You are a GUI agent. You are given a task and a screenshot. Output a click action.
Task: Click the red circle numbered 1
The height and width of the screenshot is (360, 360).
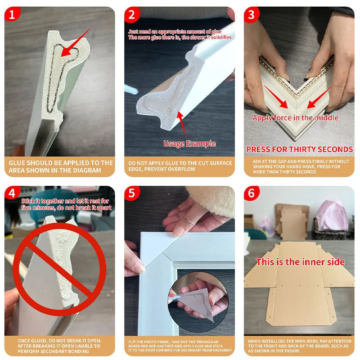[x=12, y=14]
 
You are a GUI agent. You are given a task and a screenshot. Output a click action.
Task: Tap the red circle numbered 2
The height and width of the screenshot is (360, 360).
[x=132, y=14]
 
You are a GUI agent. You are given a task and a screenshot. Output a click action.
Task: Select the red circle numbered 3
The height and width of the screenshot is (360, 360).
[x=252, y=14]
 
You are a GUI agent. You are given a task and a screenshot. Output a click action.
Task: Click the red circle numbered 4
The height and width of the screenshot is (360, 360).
[x=12, y=193]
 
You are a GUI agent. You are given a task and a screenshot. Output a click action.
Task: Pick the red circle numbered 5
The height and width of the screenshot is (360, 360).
[x=132, y=193]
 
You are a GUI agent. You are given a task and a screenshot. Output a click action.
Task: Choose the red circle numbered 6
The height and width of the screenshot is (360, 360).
[x=252, y=193]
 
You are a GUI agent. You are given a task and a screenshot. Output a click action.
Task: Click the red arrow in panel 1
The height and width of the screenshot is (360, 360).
[x=75, y=43]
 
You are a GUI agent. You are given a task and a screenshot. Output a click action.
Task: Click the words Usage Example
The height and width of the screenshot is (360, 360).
[x=189, y=144]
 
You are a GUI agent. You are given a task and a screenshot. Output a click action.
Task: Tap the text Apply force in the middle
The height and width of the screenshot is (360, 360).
[x=295, y=118]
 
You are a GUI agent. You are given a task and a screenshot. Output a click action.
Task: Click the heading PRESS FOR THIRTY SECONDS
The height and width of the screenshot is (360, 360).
[x=299, y=149]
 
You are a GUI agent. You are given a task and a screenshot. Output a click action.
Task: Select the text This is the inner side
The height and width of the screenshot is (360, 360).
[x=300, y=262]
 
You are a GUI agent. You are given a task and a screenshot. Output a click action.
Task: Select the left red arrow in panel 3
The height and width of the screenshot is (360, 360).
[x=276, y=97]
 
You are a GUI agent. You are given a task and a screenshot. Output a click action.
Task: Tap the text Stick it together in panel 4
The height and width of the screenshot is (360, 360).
[x=42, y=201]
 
